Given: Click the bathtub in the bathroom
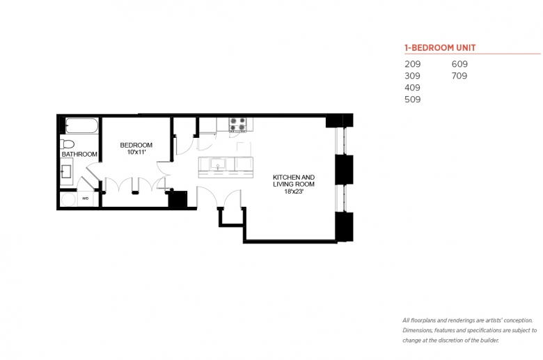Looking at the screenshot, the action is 81,126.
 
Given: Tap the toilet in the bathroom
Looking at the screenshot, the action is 68,144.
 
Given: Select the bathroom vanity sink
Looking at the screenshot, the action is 66,171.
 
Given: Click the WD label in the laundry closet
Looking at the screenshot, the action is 85,198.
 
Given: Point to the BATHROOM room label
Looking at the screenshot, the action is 79,154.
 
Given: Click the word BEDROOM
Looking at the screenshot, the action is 136,145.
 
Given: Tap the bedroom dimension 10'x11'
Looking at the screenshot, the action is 136,152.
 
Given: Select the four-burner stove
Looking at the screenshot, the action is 238,125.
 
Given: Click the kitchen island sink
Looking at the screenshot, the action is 218,164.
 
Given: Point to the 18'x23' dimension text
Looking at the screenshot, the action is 294,191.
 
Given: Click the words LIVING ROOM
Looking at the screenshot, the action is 294,185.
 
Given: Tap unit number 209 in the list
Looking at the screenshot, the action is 412,64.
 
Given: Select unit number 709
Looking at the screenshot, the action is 459,76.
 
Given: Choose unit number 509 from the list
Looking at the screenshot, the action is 412,100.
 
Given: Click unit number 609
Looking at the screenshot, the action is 459,64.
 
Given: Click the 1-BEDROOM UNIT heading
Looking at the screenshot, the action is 440,48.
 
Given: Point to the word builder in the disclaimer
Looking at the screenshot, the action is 489,341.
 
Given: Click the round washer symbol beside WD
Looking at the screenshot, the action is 68,200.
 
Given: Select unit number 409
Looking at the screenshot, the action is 412,88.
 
